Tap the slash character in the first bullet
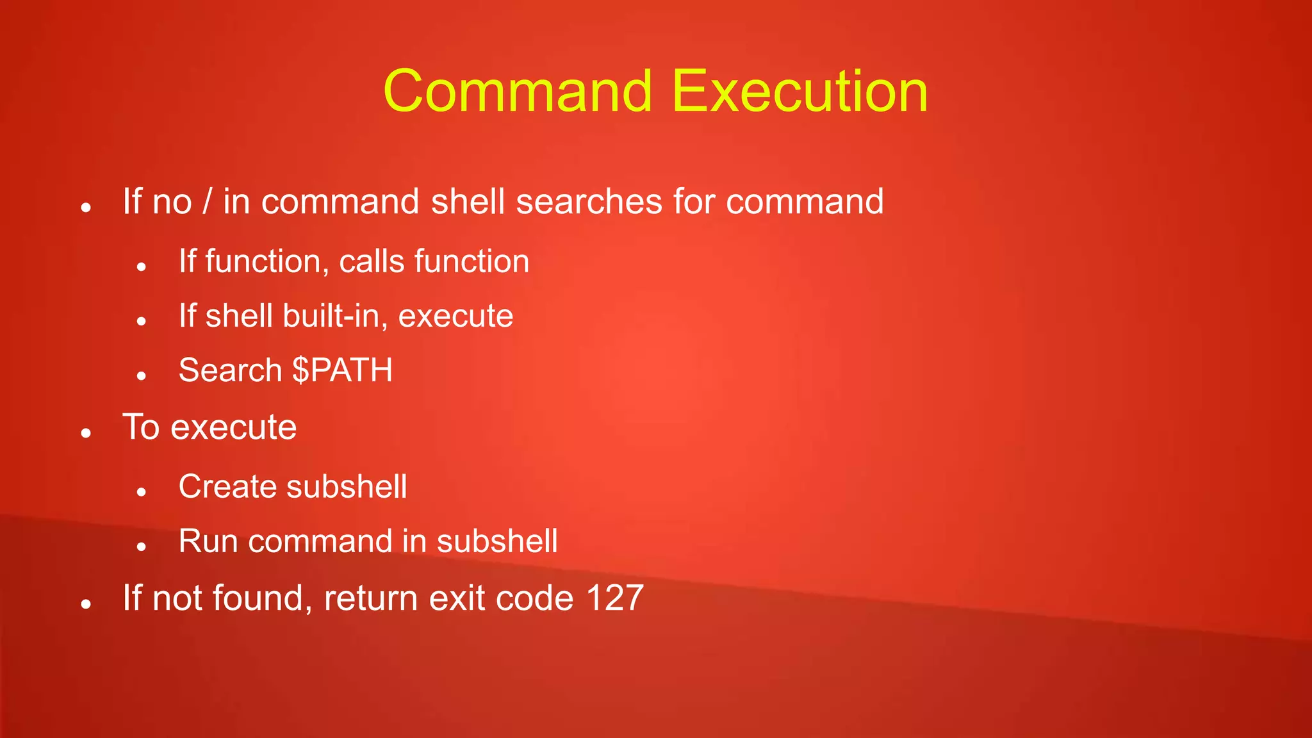(x=207, y=201)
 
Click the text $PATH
(x=342, y=370)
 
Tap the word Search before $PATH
(x=230, y=370)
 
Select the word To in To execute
(x=141, y=427)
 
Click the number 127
(x=614, y=598)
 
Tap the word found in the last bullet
(x=258, y=598)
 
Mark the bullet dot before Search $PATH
(x=142, y=376)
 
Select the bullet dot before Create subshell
(x=142, y=493)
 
